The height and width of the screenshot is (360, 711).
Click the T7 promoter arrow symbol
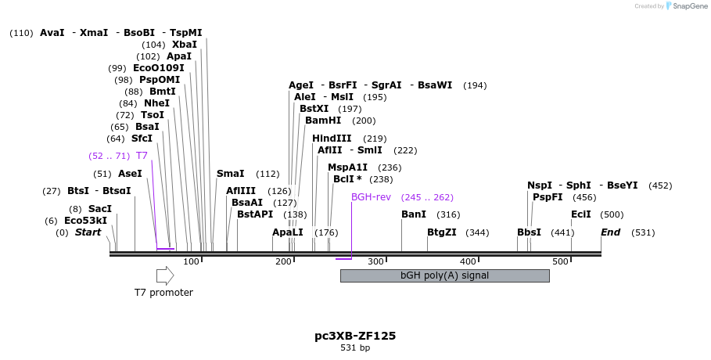(x=165, y=275)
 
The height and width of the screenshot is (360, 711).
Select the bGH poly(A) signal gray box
(x=444, y=275)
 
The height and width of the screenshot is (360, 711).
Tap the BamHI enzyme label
(x=323, y=121)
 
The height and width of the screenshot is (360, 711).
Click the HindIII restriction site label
(x=332, y=139)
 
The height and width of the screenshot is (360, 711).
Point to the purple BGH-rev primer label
(x=371, y=197)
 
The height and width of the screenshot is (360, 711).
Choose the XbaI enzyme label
(x=185, y=45)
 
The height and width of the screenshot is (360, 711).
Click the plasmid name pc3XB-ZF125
(x=355, y=336)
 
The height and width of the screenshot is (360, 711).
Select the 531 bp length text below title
(x=355, y=347)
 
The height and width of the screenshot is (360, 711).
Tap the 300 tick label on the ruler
(x=375, y=261)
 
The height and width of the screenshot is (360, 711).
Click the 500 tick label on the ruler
(x=560, y=261)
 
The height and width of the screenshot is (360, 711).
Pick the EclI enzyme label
(x=581, y=214)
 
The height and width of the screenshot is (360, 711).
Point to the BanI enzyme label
(x=414, y=214)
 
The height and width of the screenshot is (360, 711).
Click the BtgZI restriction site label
(x=442, y=232)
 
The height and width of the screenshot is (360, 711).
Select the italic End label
(x=611, y=232)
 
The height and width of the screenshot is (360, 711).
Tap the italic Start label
(x=88, y=232)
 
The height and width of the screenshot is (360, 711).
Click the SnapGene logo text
(x=688, y=6)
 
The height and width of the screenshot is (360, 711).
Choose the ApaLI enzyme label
(x=288, y=232)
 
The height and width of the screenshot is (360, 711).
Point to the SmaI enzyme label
(x=231, y=174)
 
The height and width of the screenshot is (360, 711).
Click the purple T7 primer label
(x=142, y=156)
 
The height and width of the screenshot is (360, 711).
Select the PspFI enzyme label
(x=548, y=197)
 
